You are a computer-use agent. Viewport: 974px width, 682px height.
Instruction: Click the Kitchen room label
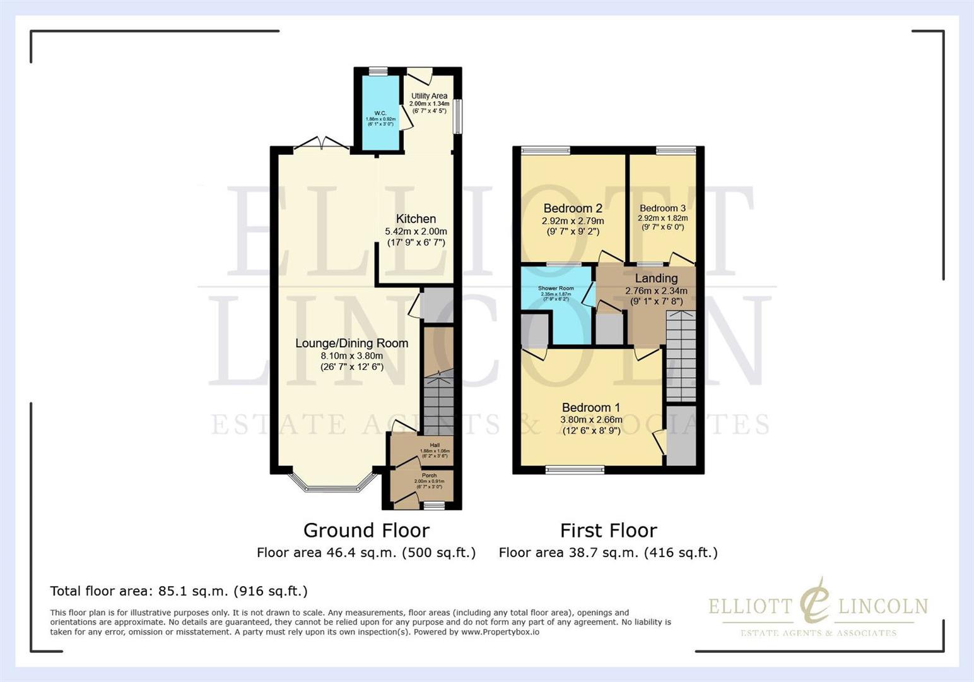click(416, 219)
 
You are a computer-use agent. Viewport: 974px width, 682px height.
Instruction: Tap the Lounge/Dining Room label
click(351, 344)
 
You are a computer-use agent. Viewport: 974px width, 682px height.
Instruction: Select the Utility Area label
click(429, 96)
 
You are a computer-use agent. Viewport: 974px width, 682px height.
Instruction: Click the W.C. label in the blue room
click(380, 114)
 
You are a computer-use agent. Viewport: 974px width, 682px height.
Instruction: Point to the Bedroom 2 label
click(573, 208)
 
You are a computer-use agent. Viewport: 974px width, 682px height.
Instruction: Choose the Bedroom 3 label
click(662, 208)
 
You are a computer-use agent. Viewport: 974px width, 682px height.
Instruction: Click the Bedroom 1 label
click(591, 408)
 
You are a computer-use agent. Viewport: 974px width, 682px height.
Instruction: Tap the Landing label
click(656, 278)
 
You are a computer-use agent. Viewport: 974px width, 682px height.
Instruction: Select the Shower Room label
click(556, 289)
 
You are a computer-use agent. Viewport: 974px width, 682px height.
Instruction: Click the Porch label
click(429, 476)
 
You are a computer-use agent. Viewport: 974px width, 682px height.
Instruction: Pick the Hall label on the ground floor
click(435, 445)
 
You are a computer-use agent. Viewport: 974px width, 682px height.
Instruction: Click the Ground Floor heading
click(366, 530)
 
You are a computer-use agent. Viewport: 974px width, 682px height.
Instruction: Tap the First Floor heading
click(608, 530)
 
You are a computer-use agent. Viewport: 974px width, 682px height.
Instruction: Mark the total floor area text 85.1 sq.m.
click(179, 591)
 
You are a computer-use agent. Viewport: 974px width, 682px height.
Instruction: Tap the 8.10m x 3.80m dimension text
click(351, 356)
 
